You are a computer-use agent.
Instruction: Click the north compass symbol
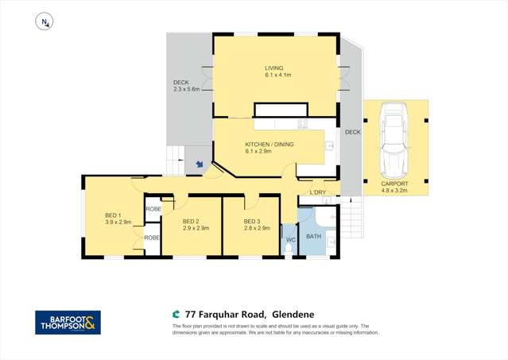click(45, 23)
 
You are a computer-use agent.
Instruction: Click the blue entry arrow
click(200, 165)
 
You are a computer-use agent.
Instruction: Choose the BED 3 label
click(252, 224)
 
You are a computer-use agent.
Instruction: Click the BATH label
click(313, 236)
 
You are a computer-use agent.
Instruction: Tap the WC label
click(291, 239)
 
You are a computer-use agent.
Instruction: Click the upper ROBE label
click(153, 209)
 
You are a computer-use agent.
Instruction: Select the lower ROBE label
click(152, 237)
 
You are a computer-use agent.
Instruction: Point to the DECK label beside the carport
click(352, 132)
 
